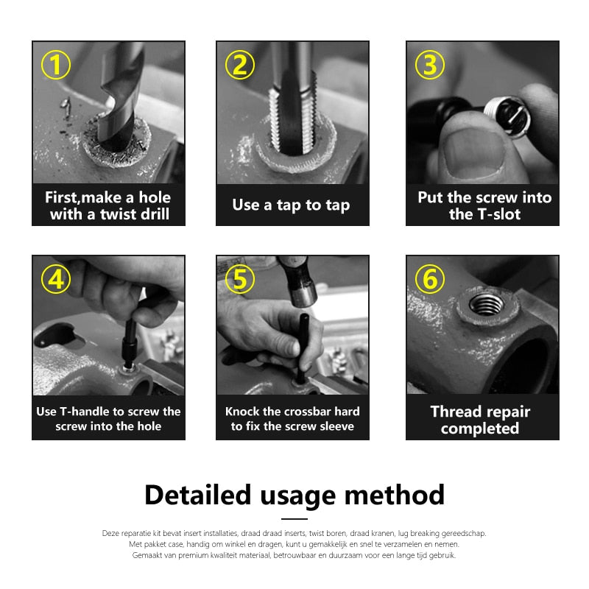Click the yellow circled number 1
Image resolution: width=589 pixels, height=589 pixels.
pyautogui.click(x=56, y=66)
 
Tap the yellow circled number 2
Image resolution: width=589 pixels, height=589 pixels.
pyautogui.click(x=239, y=66)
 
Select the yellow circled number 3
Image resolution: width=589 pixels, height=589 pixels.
pyautogui.click(x=430, y=66)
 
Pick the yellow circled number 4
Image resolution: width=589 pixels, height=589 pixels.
pyautogui.click(x=56, y=280)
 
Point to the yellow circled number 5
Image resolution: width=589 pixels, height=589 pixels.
pyautogui.click(x=239, y=280)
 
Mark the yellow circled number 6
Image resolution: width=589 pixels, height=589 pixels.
pyautogui.click(x=430, y=280)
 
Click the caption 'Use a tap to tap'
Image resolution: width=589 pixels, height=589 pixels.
pyautogui.click(x=291, y=205)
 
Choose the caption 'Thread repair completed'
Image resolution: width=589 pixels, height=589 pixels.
pyautogui.click(x=480, y=420)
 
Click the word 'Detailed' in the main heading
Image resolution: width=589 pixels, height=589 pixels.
pyautogui.click(x=197, y=494)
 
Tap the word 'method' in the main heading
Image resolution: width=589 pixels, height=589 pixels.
pyautogui.click(x=403, y=494)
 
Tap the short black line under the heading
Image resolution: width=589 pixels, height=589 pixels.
pyautogui.click(x=294, y=519)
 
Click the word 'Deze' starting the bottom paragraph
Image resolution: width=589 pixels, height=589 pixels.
pyautogui.click(x=109, y=533)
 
